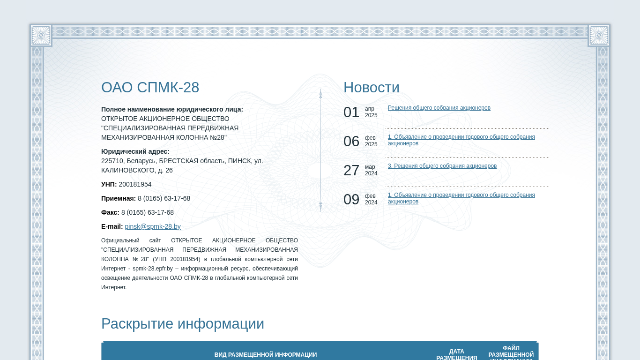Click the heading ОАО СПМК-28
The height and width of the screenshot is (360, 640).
click(150, 88)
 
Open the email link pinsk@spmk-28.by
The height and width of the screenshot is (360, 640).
click(153, 226)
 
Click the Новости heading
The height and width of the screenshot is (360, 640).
click(371, 88)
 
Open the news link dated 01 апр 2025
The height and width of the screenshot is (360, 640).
click(439, 108)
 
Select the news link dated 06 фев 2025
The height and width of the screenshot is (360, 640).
click(461, 140)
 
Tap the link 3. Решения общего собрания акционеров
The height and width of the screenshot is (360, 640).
click(442, 166)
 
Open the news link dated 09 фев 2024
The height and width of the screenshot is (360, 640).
click(461, 198)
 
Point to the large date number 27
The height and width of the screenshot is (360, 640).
click(351, 171)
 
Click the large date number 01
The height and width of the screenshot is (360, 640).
click(351, 112)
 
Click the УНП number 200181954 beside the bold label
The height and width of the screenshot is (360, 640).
click(135, 184)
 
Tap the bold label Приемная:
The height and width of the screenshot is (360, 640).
click(118, 198)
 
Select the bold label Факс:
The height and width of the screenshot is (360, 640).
click(110, 212)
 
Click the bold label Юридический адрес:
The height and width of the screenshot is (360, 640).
click(135, 151)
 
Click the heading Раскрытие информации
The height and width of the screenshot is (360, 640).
click(183, 324)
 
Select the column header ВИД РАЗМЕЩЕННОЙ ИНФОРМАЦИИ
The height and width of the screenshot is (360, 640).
click(266, 355)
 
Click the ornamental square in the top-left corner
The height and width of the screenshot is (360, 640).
click(41, 36)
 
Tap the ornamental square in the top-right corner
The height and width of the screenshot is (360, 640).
click(599, 36)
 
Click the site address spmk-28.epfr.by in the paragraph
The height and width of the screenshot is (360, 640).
click(153, 269)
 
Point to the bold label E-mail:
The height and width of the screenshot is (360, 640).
click(112, 226)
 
